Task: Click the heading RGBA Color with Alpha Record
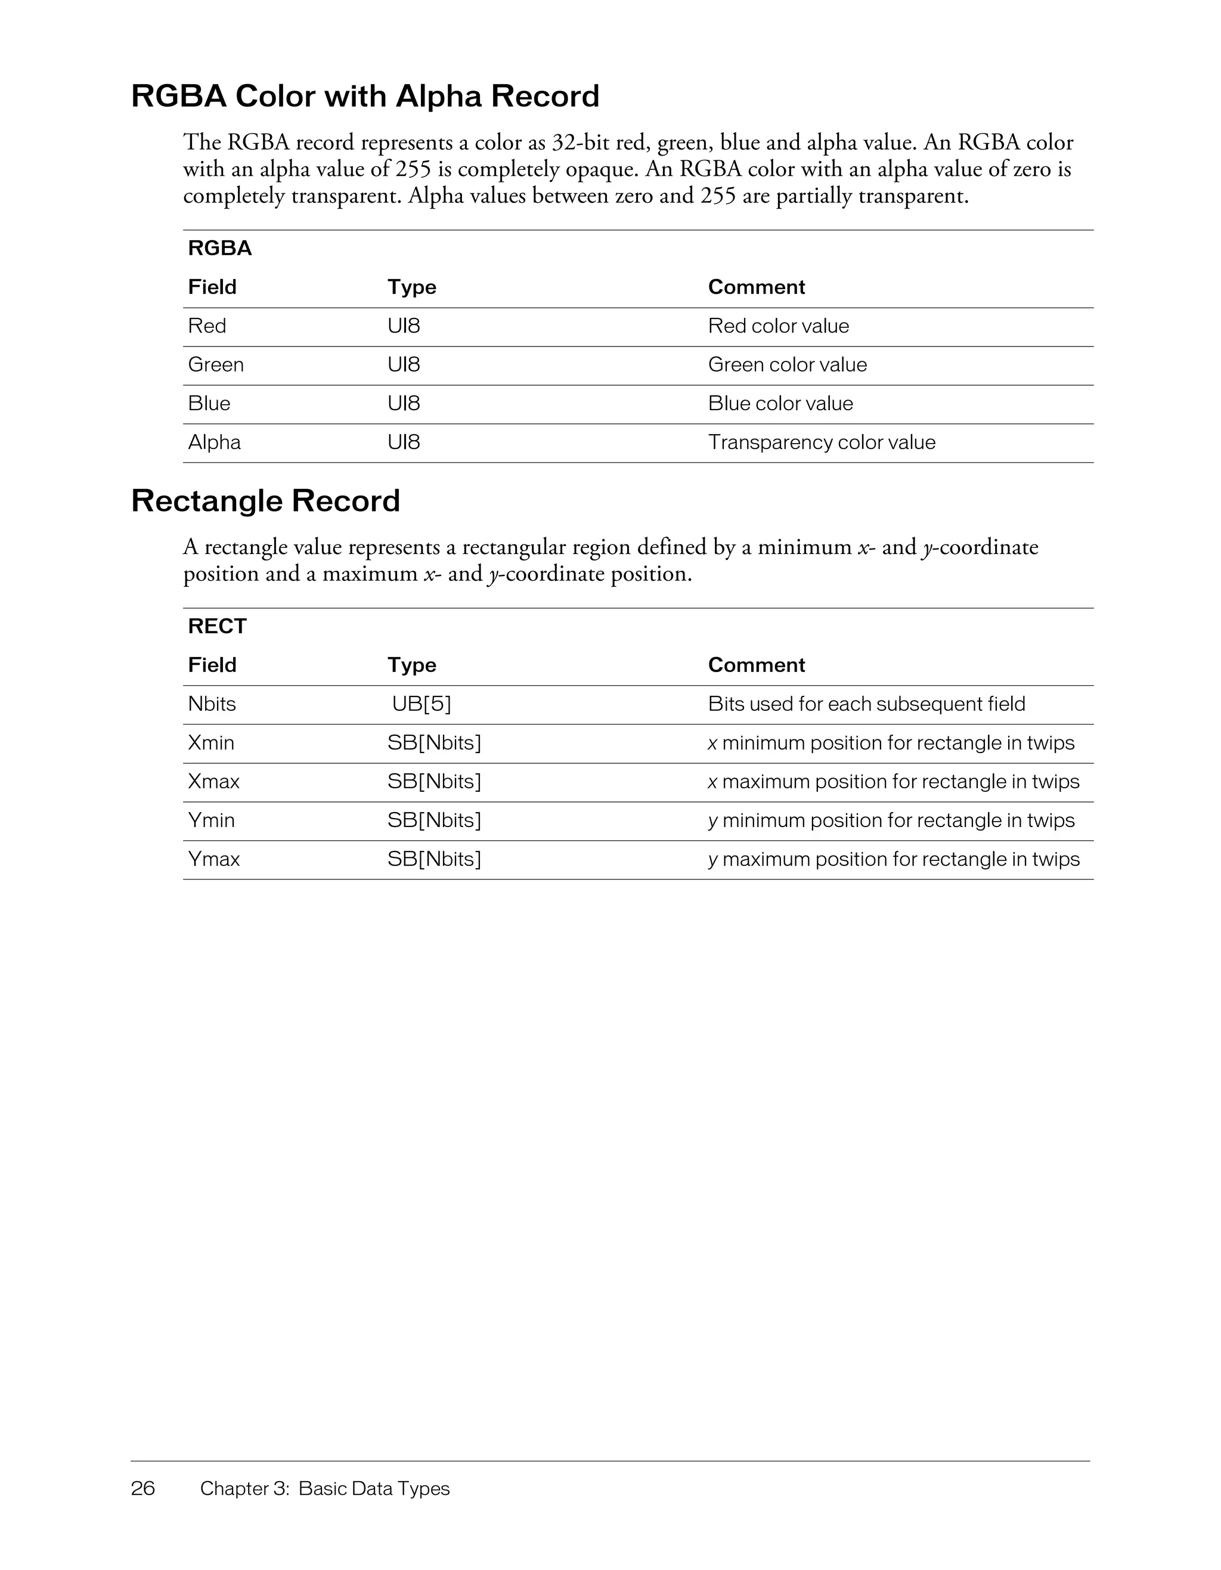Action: click(x=365, y=97)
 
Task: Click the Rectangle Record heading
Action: click(x=265, y=501)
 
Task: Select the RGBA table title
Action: click(x=220, y=248)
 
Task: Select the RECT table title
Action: click(x=217, y=626)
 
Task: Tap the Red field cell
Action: click(x=207, y=326)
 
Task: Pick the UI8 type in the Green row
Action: click(x=404, y=365)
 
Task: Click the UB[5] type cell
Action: click(x=421, y=704)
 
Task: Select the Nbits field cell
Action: click(x=212, y=704)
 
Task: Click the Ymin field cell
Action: click(x=211, y=821)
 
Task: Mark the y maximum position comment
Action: click(x=893, y=860)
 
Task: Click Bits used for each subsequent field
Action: click(x=866, y=704)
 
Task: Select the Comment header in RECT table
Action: click(x=756, y=665)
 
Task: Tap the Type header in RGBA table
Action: click(x=412, y=287)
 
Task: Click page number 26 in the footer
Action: click(x=143, y=1488)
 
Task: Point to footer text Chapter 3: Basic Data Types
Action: click(x=325, y=1488)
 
